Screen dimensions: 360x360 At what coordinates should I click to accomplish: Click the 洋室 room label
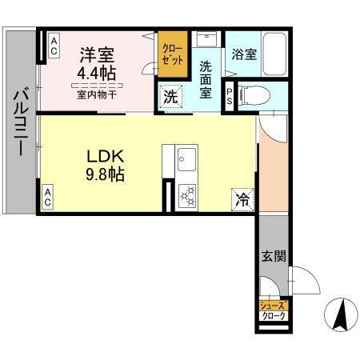tap(97, 55)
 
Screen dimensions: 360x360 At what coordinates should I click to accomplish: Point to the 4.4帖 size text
tap(98, 73)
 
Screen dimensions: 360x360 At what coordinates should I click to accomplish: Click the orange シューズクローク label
tap(272, 310)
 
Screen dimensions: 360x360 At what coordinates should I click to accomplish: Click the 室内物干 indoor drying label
tap(97, 94)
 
